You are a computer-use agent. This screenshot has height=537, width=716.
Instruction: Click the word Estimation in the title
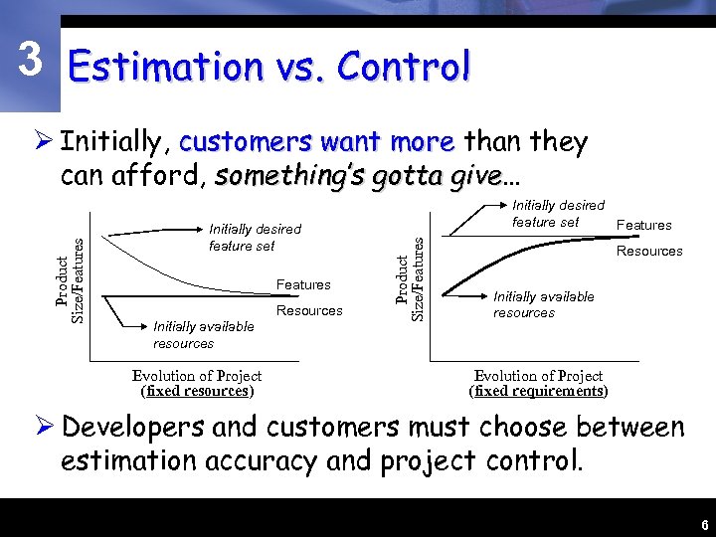(x=164, y=68)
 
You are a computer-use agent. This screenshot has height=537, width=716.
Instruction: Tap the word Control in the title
(x=403, y=68)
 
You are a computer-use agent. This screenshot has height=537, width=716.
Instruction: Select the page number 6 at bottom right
(x=704, y=525)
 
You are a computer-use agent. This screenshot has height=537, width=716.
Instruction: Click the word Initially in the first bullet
(x=115, y=142)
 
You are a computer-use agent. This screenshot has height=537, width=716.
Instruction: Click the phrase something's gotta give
(x=358, y=177)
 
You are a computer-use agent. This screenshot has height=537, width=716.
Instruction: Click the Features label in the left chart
(x=303, y=285)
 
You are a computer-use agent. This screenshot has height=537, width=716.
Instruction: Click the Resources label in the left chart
(x=308, y=310)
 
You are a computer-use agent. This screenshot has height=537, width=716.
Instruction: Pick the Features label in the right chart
(x=644, y=226)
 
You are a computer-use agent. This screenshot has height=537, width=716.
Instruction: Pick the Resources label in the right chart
(x=649, y=252)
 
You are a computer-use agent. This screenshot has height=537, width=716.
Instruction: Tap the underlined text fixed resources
(x=197, y=391)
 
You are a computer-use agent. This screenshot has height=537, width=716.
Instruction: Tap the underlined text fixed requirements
(x=538, y=391)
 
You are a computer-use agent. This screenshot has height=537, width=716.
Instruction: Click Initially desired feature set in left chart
(x=255, y=238)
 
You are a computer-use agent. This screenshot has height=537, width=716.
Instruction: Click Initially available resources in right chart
(x=543, y=304)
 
